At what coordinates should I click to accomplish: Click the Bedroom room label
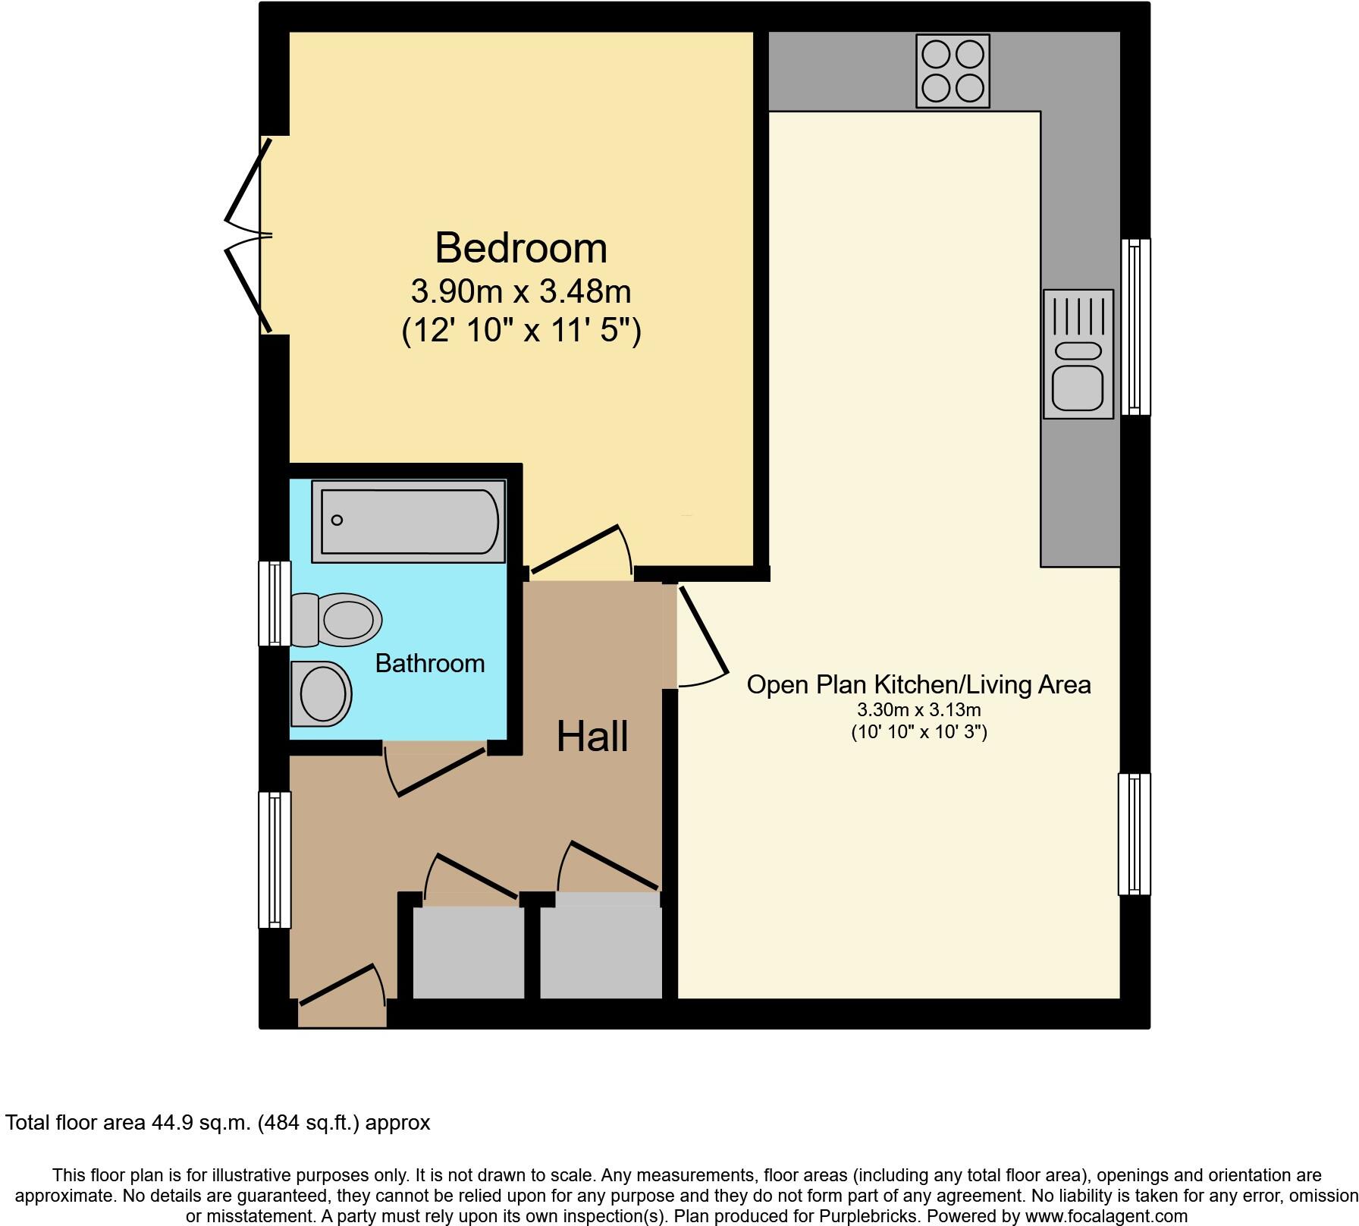pos(521,248)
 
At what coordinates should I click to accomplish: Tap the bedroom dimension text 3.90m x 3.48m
pos(521,291)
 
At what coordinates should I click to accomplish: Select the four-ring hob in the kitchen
pos(953,71)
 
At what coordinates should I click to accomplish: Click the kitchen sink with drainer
pos(1078,354)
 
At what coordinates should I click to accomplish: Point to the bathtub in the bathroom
pos(408,520)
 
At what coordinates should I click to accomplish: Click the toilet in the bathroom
pos(337,619)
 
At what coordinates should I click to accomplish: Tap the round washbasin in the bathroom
pos(322,693)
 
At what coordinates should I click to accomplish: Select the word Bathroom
pos(430,664)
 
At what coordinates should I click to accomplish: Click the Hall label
pos(592,737)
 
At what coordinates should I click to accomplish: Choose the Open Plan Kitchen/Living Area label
pos(918,685)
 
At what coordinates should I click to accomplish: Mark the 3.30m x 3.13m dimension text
pos(918,711)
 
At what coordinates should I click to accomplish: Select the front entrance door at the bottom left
pos(341,994)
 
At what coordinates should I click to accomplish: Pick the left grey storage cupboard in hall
pos(468,952)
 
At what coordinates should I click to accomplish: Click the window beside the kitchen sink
pos(1135,327)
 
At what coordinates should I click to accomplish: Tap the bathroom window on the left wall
pos(275,604)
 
